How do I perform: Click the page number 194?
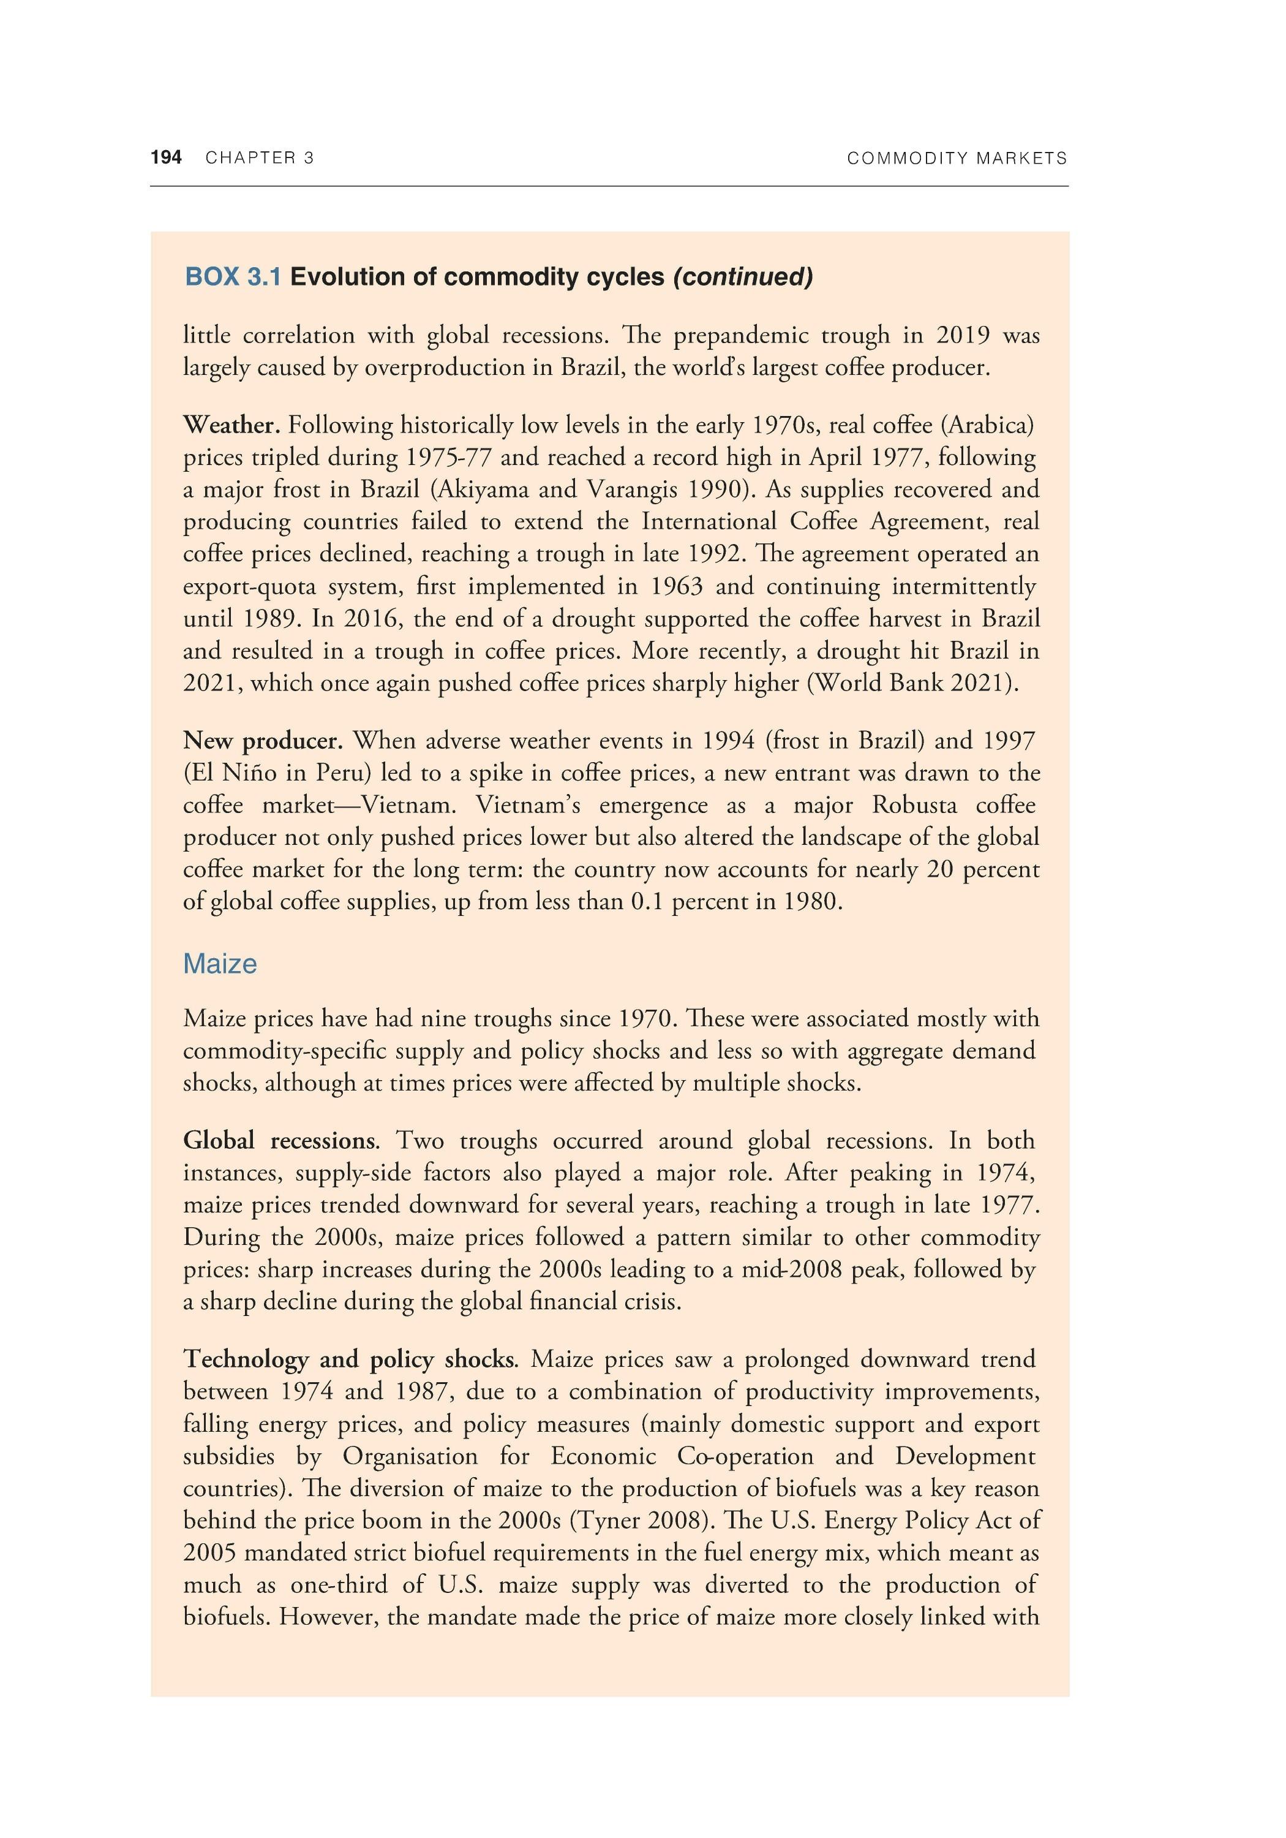click(x=167, y=157)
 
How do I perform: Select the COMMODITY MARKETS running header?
click(x=957, y=159)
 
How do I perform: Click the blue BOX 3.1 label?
click(x=233, y=277)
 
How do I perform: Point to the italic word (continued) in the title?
click(x=743, y=277)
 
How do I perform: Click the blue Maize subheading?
click(x=220, y=964)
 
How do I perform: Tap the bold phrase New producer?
click(x=263, y=741)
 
